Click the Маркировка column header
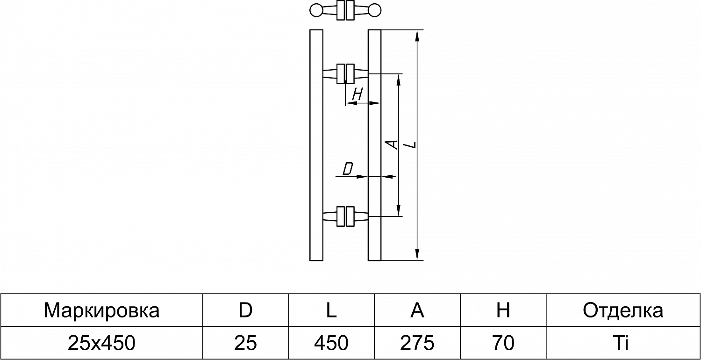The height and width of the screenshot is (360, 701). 101,310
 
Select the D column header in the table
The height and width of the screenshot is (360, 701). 245,310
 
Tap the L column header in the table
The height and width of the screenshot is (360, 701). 331,310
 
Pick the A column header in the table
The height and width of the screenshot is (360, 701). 417,310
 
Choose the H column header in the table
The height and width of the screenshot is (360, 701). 503,310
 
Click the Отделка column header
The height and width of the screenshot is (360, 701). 622,310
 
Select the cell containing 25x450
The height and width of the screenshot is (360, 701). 101,343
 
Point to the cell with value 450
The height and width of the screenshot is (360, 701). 331,343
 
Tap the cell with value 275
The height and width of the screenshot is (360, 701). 417,343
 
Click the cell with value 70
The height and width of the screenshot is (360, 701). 503,343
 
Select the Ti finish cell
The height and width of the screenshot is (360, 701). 622,343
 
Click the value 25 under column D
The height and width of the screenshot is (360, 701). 245,343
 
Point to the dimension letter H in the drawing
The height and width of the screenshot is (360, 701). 357,95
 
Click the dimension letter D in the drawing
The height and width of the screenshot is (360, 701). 347,169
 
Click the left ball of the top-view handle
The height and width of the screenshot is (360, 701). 316,10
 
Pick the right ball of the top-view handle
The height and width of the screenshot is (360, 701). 374,10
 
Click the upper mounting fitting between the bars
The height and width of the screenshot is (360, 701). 345,73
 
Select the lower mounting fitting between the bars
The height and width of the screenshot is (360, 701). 345,216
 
